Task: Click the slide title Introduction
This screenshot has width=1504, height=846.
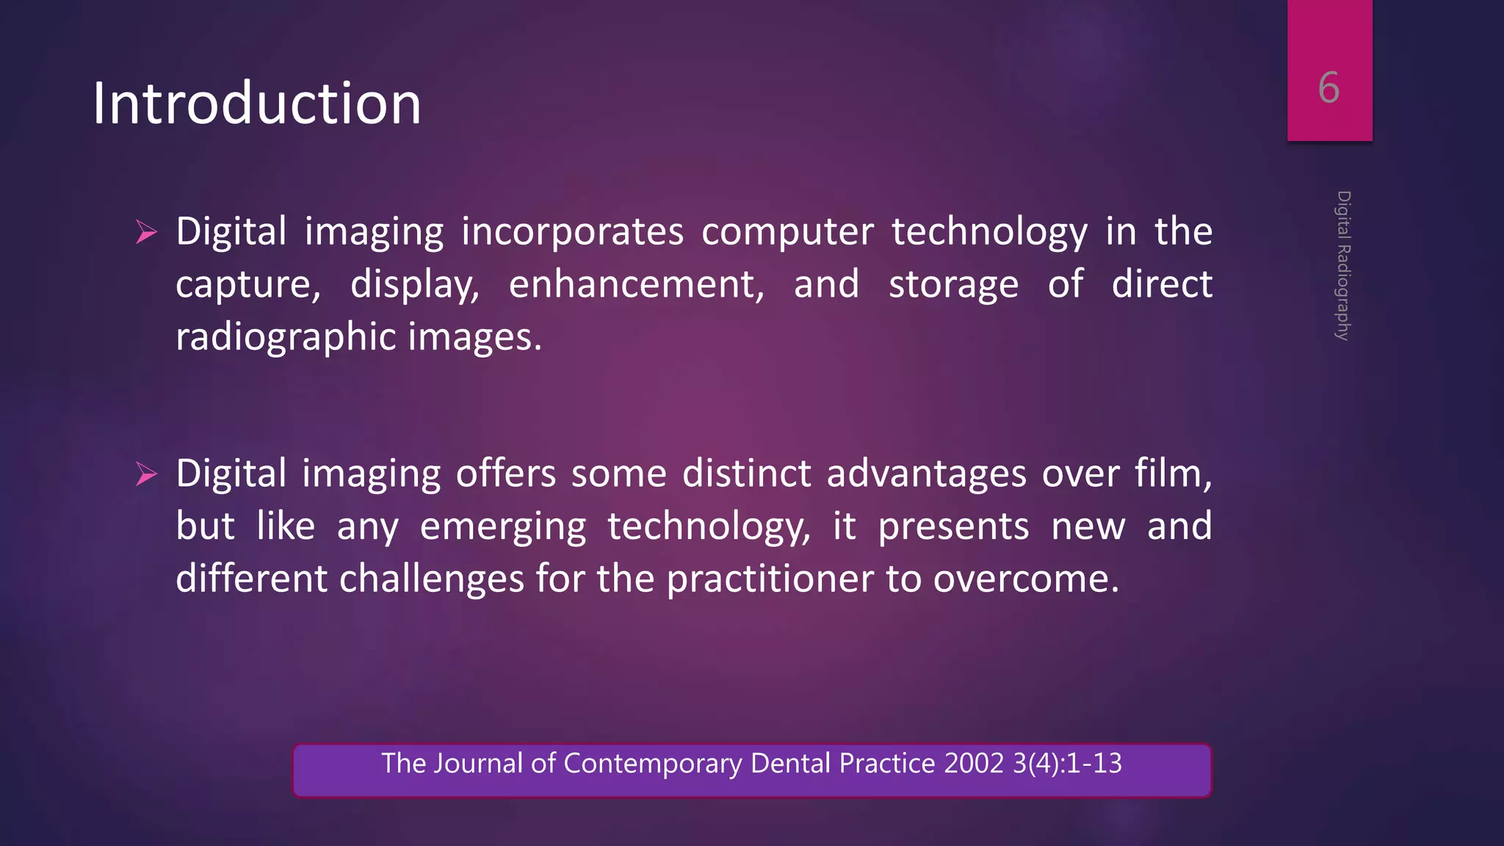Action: (x=257, y=104)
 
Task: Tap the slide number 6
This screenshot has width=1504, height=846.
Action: (x=1328, y=88)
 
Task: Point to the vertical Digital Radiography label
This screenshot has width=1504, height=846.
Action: (x=1343, y=265)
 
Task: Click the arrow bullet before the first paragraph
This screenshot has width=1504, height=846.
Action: (x=147, y=234)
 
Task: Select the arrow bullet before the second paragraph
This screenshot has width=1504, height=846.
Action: (x=147, y=475)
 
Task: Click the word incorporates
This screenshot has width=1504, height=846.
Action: (x=572, y=232)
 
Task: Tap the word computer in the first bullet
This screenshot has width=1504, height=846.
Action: (x=787, y=232)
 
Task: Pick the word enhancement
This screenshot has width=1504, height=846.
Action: (x=636, y=284)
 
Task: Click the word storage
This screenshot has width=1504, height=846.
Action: (x=953, y=284)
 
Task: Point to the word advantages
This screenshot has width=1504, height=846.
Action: (x=926, y=474)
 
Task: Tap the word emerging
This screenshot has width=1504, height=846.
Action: (x=503, y=527)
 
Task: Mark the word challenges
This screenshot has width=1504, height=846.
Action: (x=431, y=579)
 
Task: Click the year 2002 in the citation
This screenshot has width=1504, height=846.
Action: (x=973, y=764)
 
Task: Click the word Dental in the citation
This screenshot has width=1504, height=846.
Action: (x=790, y=764)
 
